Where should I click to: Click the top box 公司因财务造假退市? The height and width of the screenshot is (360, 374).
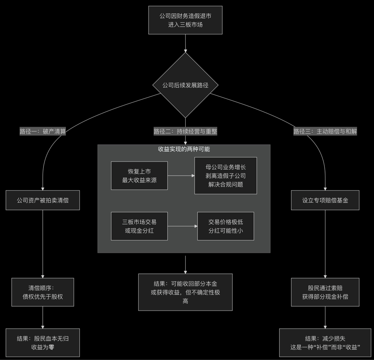click(186, 20)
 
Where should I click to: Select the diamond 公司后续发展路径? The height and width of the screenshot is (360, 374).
click(186, 85)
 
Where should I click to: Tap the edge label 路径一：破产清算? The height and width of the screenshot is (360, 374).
click(43, 132)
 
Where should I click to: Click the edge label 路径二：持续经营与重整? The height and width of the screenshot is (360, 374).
click(186, 132)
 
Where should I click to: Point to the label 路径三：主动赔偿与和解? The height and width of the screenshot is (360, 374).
click(325, 132)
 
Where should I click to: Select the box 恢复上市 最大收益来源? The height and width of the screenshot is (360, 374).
click(139, 176)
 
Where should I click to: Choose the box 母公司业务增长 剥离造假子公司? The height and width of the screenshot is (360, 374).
click(226, 176)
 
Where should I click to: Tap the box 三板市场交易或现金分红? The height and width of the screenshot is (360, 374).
click(139, 226)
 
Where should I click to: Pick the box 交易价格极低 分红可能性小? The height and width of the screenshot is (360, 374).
click(226, 226)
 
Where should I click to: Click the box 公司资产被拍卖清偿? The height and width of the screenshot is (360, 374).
click(43, 200)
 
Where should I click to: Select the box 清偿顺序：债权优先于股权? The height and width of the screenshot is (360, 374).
click(43, 292)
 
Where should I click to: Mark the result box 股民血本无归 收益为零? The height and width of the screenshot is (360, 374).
click(43, 342)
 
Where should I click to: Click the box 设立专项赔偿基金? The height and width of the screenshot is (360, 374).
click(325, 200)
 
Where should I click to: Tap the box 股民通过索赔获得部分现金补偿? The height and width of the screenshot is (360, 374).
click(325, 292)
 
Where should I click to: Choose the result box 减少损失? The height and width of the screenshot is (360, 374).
click(325, 342)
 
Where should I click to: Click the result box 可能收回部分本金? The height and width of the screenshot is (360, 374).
click(185, 292)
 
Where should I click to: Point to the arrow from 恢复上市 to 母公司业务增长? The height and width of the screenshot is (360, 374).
click(181, 176)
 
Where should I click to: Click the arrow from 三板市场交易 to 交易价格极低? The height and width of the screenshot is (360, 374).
click(183, 226)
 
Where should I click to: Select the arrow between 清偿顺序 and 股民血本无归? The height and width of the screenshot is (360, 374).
click(43, 317)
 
